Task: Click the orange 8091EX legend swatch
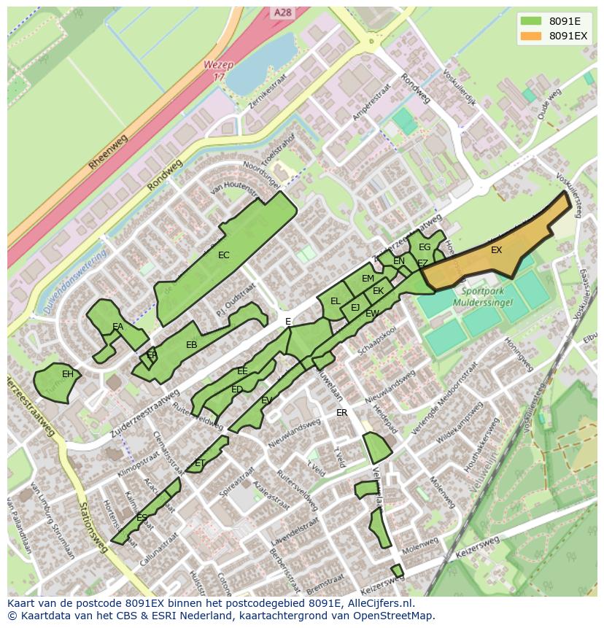(531, 36)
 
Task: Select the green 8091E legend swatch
(531, 20)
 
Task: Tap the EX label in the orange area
(496, 250)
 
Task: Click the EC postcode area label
(223, 255)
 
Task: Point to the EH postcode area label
(67, 374)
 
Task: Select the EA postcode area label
(117, 327)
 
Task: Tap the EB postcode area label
(191, 345)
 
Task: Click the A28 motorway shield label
(282, 13)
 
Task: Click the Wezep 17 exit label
(219, 70)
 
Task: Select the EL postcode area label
(335, 301)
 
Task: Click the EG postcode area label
(424, 247)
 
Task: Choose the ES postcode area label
(142, 518)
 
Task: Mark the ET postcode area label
(199, 463)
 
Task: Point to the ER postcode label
(341, 413)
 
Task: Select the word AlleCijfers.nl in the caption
(379, 603)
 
